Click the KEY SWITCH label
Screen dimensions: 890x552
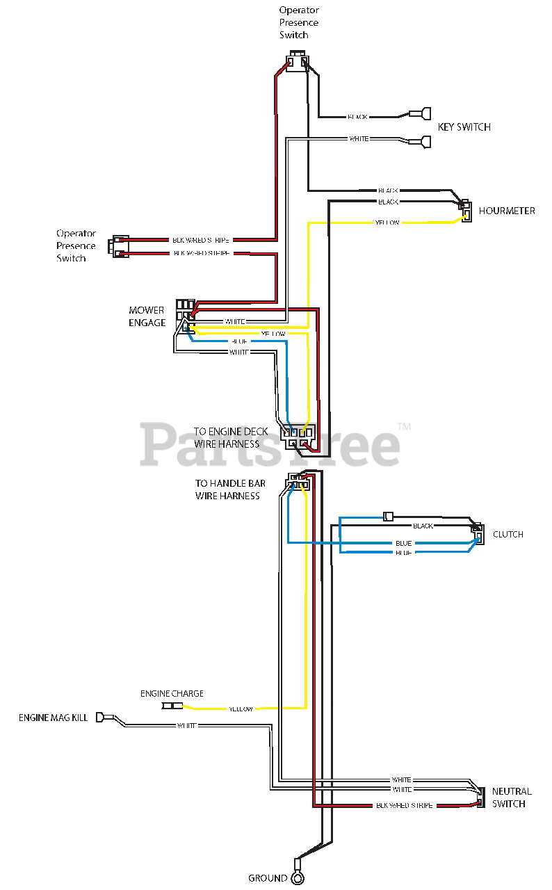(464, 127)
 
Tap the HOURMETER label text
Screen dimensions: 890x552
(507, 211)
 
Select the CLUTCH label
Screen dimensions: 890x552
(508, 535)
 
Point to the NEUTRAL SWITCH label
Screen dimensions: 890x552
(512, 798)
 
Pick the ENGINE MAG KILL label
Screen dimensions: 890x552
(54, 718)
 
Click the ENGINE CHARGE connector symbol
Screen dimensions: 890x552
(172, 706)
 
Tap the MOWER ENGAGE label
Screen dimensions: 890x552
(147, 316)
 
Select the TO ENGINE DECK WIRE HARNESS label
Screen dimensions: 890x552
(227, 437)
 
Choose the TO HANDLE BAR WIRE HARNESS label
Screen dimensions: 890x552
(227, 489)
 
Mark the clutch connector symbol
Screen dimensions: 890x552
(478, 533)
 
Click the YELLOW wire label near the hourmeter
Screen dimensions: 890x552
(387, 222)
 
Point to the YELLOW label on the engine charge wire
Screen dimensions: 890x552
(241, 709)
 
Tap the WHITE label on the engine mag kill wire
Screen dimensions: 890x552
(186, 726)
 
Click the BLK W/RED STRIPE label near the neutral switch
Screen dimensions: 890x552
(404, 805)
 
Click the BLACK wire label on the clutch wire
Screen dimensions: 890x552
(423, 526)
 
